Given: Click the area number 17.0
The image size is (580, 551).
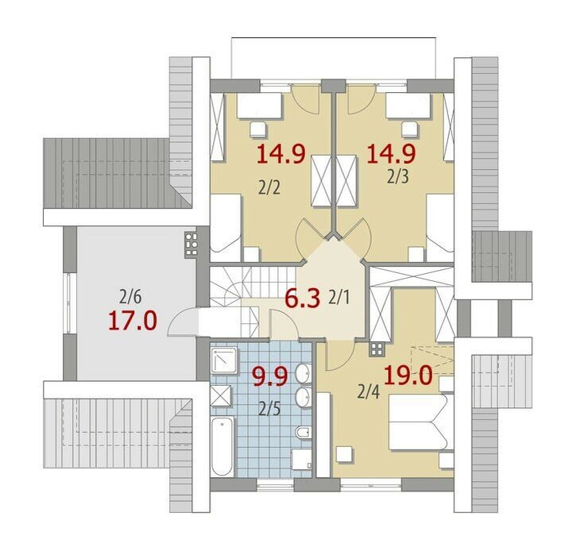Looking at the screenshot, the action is pos(133,321).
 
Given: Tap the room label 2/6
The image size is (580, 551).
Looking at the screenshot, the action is pos(130,296).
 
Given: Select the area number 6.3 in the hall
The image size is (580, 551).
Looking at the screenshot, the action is pos(302,299).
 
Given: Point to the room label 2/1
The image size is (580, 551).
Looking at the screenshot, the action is pos(338,298).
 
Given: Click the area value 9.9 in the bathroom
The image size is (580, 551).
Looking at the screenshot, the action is pos(269,377).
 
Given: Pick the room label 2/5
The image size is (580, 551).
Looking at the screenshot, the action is pos(269,410).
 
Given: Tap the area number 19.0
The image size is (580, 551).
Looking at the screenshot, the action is pos(408,376).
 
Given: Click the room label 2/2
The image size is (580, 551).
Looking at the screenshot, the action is pos(269,188).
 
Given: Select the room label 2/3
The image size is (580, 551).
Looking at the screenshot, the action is pos(398,177).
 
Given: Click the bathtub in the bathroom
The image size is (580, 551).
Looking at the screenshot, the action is pos(222,446).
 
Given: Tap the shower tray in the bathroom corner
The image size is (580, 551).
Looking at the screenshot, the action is pos(224,360).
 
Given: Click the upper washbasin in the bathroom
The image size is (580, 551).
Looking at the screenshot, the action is pos(304,373).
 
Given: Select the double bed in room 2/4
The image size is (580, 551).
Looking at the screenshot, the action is pos(421,422).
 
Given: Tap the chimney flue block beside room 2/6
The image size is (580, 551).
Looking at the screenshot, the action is pos(191,244).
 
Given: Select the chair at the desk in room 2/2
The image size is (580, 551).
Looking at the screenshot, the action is pos(257,129).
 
